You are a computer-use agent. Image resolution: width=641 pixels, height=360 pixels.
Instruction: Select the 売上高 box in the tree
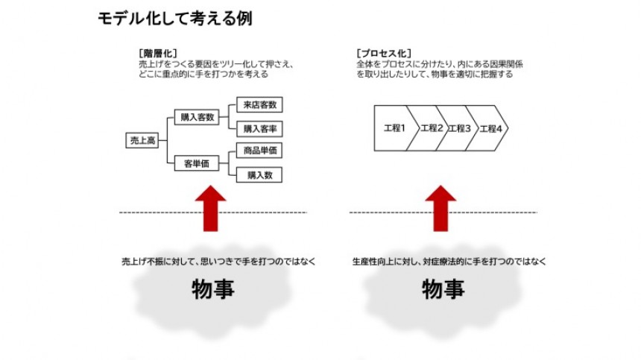142,140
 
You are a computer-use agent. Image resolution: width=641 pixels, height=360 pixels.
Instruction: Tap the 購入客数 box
197,117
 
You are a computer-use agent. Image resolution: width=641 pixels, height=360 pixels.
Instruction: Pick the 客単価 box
197,164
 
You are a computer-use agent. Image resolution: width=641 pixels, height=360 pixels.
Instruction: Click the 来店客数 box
259,105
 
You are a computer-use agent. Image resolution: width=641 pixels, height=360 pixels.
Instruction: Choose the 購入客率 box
259,129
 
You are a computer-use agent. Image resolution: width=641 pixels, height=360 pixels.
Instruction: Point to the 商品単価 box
259,151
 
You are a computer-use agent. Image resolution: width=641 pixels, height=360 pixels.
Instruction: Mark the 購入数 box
259,175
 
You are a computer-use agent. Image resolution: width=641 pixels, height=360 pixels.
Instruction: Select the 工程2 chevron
432,128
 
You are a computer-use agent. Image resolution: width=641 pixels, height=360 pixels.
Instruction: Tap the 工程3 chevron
460,128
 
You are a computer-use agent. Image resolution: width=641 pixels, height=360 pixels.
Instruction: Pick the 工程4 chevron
490,128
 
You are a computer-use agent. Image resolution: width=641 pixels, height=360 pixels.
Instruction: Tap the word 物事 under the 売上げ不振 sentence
213,289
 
